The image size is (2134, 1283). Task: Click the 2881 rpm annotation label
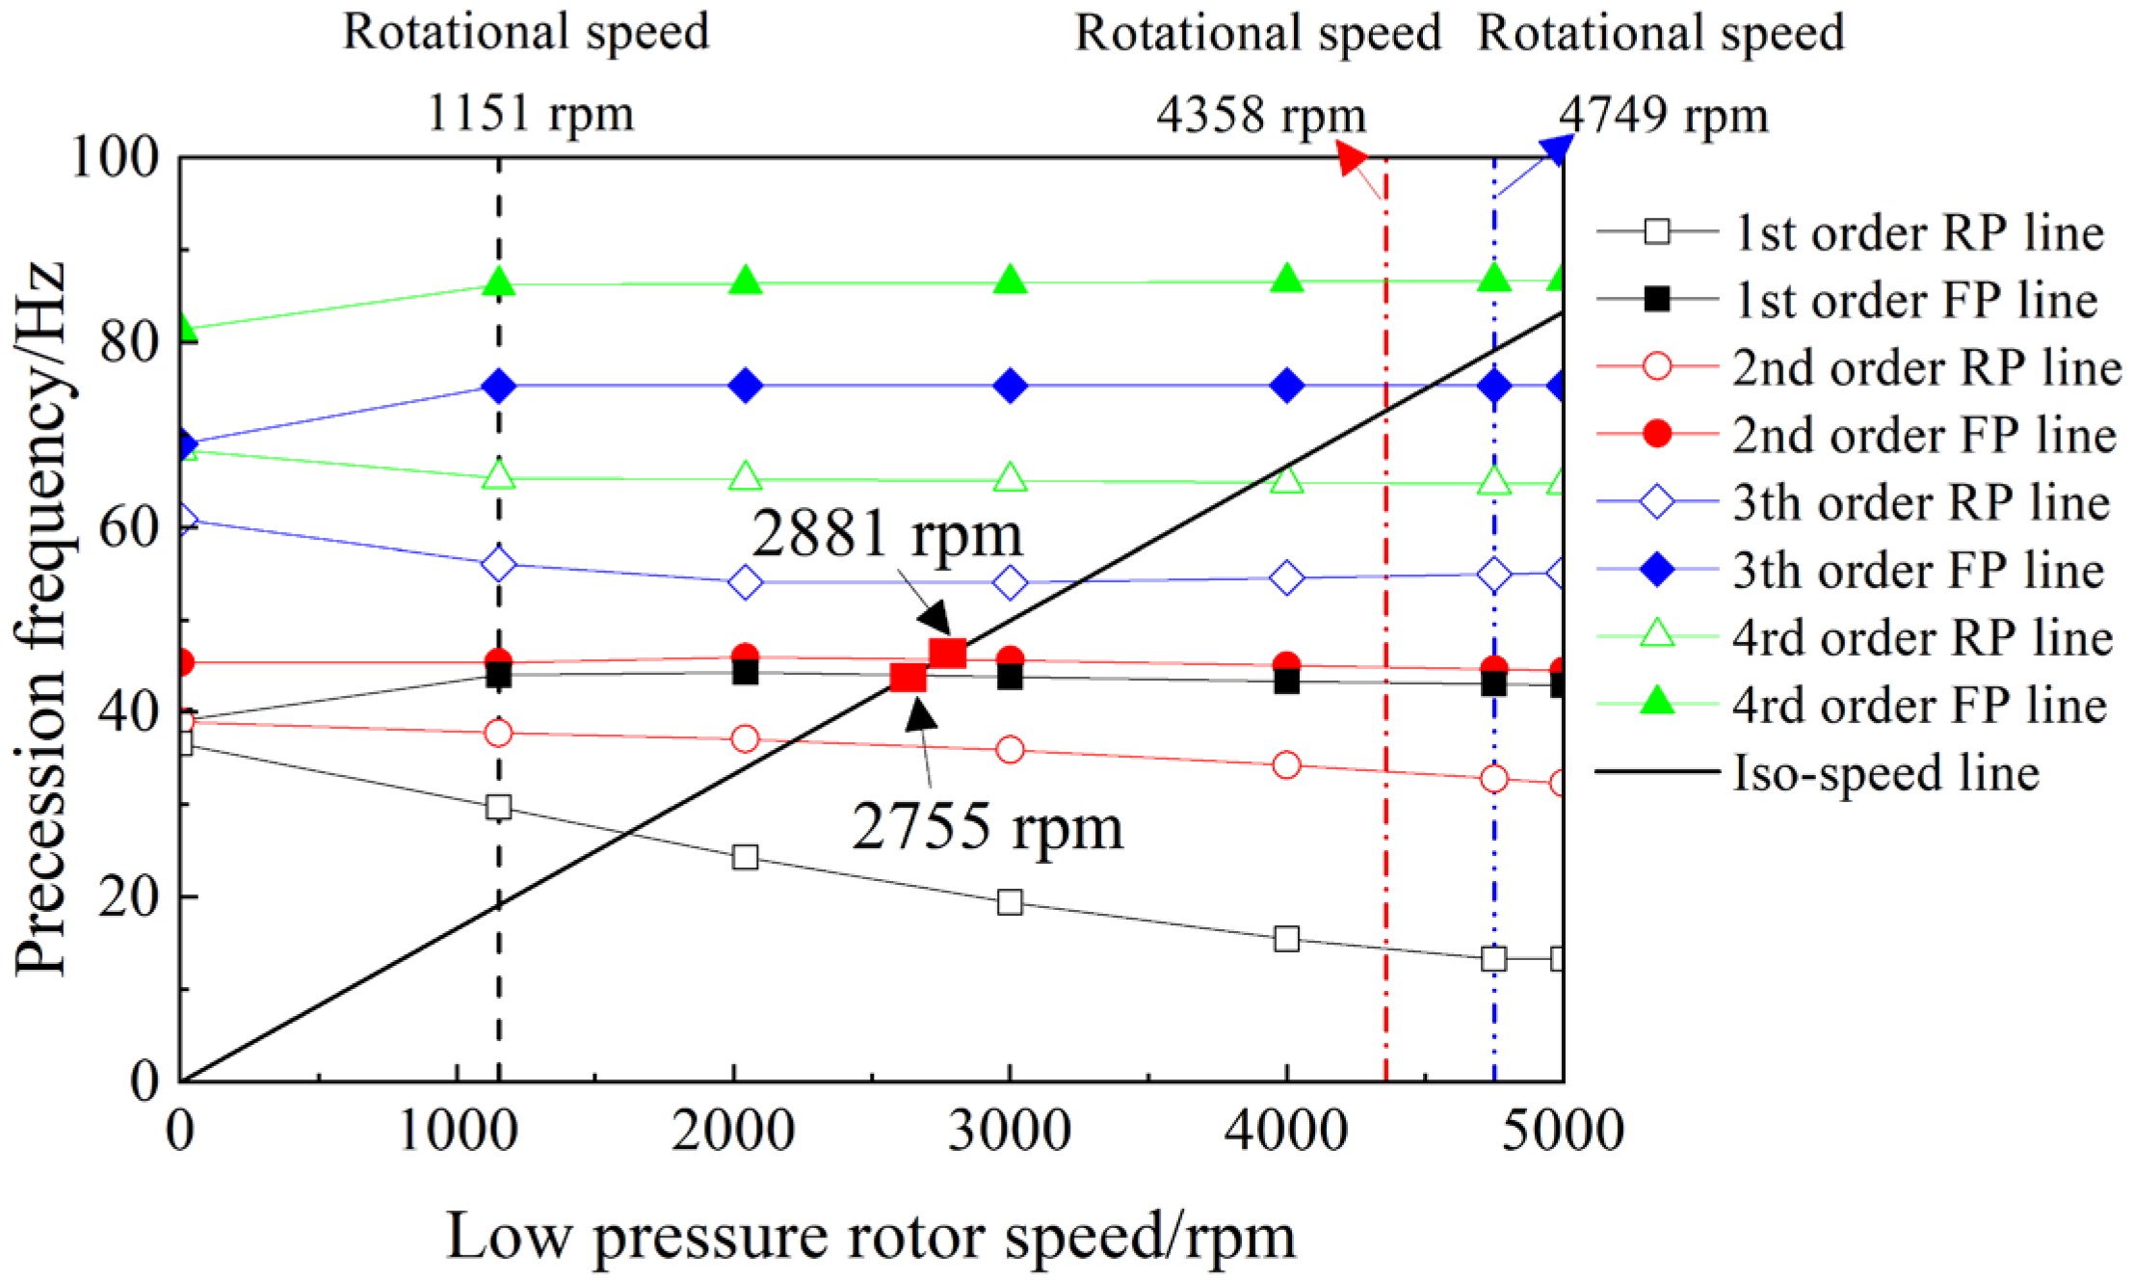886,533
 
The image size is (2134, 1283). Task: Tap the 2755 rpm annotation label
988,827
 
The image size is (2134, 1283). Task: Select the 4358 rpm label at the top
1260,116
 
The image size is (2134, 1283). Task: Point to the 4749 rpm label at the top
1663,116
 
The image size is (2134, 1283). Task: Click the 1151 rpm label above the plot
529,114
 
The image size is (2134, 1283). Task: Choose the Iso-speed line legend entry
1885,773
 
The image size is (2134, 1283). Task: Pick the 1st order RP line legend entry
1917,233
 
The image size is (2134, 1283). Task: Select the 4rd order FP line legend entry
1918,706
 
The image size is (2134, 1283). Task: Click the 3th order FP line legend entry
1917,571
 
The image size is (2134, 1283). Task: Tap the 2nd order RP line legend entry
1926,368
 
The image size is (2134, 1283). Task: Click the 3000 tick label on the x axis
1009,1130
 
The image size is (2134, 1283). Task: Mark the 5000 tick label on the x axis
1562,1130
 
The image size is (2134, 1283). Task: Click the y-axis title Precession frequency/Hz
40,617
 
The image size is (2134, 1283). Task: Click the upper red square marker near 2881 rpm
948,653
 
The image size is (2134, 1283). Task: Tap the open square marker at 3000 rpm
1010,902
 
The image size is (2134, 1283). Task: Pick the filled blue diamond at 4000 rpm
1287,387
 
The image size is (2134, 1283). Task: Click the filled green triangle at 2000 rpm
745,281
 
